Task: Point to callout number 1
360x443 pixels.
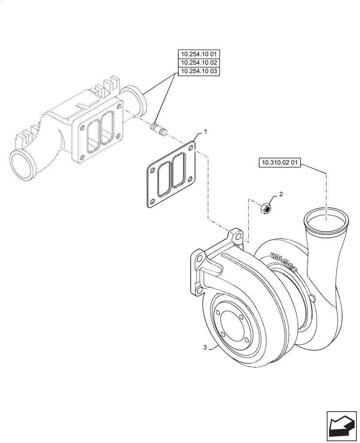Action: coord(205,132)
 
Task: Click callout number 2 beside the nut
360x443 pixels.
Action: coord(280,194)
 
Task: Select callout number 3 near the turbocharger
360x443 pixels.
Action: coord(205,348)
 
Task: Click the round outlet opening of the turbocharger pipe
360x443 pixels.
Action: coord(326,219)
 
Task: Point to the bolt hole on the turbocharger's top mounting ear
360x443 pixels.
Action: coord(239,238)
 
